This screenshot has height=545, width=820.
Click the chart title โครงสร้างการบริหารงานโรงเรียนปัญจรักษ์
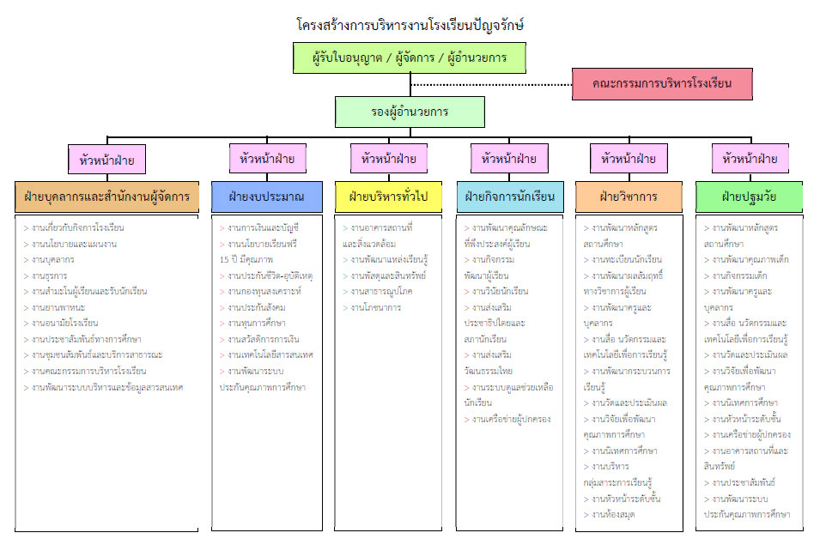coord(410,25)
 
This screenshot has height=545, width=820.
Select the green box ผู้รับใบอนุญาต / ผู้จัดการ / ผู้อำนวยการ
coord(410,58)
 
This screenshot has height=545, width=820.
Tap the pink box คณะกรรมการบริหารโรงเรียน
coord(662,84)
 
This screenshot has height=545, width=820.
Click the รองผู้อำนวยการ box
coord(410,112)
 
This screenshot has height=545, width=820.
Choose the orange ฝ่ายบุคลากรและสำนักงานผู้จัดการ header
coord(107,197)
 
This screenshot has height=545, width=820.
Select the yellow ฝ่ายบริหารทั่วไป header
coord(387,197)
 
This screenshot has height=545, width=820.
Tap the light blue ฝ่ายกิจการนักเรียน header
coord(509,197)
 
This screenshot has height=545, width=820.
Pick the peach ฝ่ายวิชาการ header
coord(629,197)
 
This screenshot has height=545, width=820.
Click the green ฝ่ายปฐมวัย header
coord(750,197)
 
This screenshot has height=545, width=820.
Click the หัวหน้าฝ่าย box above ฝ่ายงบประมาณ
coord(267,159)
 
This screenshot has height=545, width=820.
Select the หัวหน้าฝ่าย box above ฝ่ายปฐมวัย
coord(750,159)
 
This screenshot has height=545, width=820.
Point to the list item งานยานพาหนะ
coord(59,307)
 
